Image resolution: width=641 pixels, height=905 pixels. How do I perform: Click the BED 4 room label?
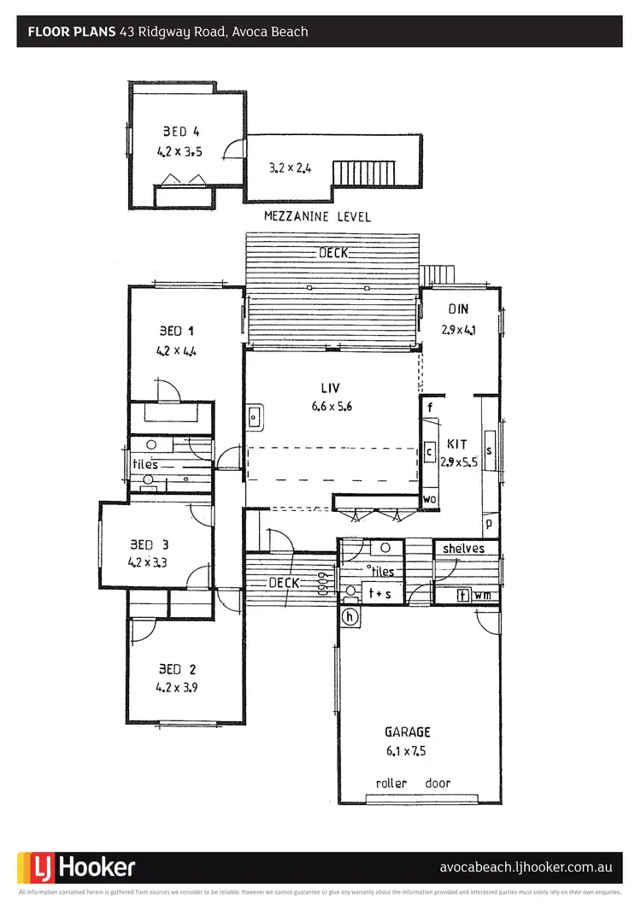coord(180,132)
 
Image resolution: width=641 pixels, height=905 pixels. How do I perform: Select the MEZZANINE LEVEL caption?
coord(317,217)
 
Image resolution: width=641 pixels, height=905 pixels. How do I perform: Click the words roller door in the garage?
coord(413,783)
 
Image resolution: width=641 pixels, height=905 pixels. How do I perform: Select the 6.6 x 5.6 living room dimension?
coord(332,407)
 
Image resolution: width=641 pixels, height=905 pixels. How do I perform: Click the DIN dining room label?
coord(457,310)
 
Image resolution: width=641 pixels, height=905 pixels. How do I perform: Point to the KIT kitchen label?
coord(456,445)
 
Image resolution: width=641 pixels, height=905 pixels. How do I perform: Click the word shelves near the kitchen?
coord(463,549)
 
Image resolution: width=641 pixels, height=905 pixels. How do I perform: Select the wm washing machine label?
coord(484,596)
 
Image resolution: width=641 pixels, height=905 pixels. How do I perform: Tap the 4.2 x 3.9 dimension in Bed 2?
coord(178,686)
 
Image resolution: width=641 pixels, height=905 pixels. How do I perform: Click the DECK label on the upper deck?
coord(332,253)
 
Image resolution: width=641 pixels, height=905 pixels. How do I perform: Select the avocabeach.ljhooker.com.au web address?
coord(525,867)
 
